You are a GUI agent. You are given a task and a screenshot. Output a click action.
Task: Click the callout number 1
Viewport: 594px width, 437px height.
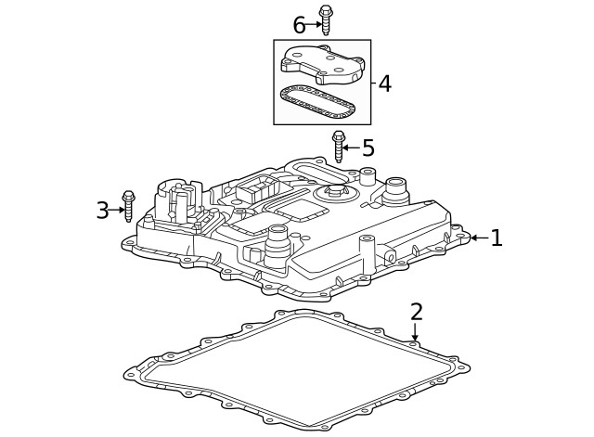click(x=497, y=238)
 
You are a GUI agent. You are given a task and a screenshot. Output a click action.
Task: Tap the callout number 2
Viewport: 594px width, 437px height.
click(x=417, y=312)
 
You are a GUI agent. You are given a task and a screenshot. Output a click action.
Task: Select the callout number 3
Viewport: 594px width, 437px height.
click(x=102, y=211)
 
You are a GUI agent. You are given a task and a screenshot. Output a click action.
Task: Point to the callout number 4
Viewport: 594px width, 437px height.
click(x=384, y=84)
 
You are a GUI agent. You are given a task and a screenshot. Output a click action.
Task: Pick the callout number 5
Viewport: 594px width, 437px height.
click(x=368, y=148)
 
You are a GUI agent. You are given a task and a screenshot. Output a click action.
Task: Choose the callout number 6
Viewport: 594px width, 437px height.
click(x=299, y=24)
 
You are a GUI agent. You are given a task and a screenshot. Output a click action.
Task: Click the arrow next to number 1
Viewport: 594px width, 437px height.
click(x=477, y=238)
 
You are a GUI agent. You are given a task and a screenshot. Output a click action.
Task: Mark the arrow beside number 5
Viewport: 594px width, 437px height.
click(x=352, y=148)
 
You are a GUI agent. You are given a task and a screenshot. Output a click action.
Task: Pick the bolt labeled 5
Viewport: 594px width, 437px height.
click(x=339, y=147)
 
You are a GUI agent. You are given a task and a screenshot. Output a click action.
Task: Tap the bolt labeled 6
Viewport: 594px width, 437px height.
click(x=326, y=20)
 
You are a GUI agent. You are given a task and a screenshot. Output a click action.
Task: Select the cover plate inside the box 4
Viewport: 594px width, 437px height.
click(x=320, y=63)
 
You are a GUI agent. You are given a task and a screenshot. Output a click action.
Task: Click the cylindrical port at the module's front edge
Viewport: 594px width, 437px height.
click(x=276, y=243)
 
